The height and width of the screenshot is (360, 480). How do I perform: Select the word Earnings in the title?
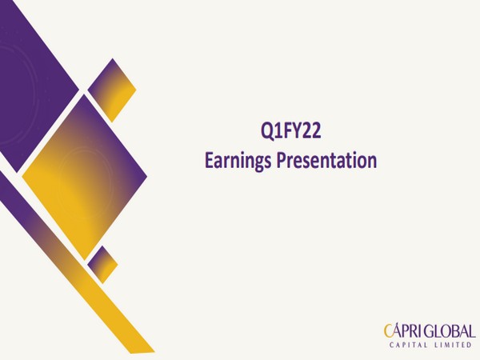point(238,160)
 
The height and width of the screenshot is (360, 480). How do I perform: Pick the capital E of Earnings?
point(209,160)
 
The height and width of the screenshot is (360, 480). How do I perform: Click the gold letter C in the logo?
point(387,330)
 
